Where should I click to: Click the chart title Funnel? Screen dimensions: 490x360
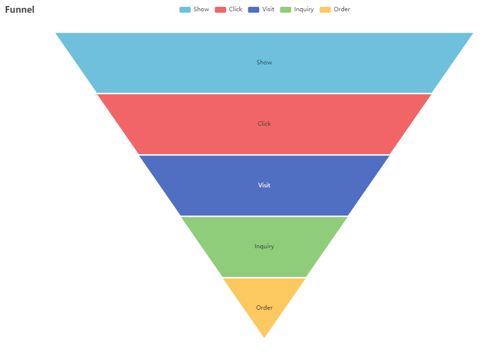pyautogui.click(x=20, y=10)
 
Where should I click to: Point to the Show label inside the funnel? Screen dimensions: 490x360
pyautogui.click(x=264, y=62)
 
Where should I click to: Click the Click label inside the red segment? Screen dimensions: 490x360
pyautogui.click(x=264, y=124)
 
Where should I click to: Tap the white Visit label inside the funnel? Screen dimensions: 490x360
pyautogui.click(x=264, y=185)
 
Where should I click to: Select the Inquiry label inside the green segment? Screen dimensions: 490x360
pyautogui.click(x=264, y=246)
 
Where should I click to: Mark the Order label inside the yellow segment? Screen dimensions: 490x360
pyautogui.click(x=264, y=308)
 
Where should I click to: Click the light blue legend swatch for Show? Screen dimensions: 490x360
pyautogui.click(x=185, y=10)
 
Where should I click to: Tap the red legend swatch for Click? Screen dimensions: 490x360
pyautogui.click(x=221, y=10)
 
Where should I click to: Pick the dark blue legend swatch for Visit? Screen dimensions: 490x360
pyautogui.click(x=253, y=10)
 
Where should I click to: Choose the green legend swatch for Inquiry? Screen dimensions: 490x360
pyautogui.click(x=286, y=10)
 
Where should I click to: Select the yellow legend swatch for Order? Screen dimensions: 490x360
pyautogui.click(x=325, y=10)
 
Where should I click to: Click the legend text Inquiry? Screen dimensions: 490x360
pyautogui.click(x=304, y=10)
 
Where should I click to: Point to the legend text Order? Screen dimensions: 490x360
pyautogui.click(x=342, y=10)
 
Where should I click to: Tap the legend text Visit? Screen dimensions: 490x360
pyautogui.click(x=268, y=10)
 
